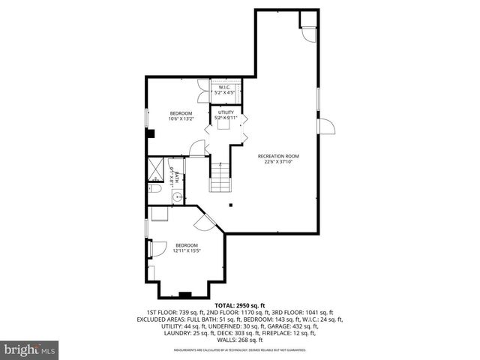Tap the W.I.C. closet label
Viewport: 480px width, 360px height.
pyautogui.click(x=224, y=88)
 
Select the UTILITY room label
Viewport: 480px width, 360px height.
pyautogui.click(x=226, y=112)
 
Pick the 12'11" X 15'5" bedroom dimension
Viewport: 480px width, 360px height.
pyautogui.click(x=187, y=250)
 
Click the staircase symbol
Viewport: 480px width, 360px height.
pyautogui.click(x=220, y=181)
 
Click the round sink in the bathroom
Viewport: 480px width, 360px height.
pyautogui.click(x=178, y=198)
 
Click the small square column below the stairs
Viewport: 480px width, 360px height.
pyautogui.click(x=232, y=205)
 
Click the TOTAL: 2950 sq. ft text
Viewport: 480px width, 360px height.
pyautogui.click(x=240, y=306)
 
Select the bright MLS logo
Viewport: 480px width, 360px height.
pyautogui.click(x=30, y=349)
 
